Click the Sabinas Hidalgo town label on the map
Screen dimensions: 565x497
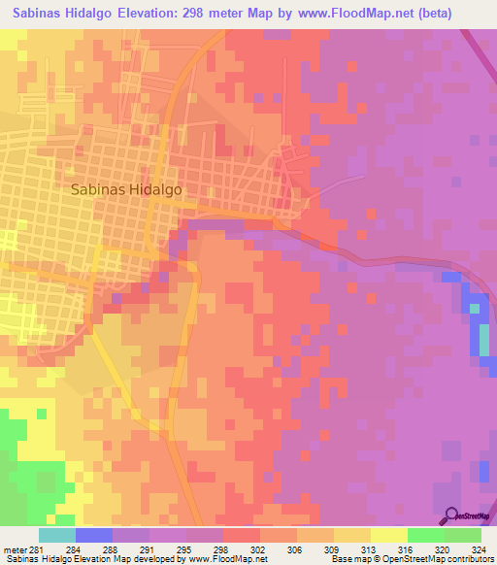[127, 191]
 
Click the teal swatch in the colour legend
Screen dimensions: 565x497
[56, 535]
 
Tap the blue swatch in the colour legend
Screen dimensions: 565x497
[93, 535]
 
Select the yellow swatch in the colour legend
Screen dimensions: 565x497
[388, 535]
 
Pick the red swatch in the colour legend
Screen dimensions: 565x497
[241, 535]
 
